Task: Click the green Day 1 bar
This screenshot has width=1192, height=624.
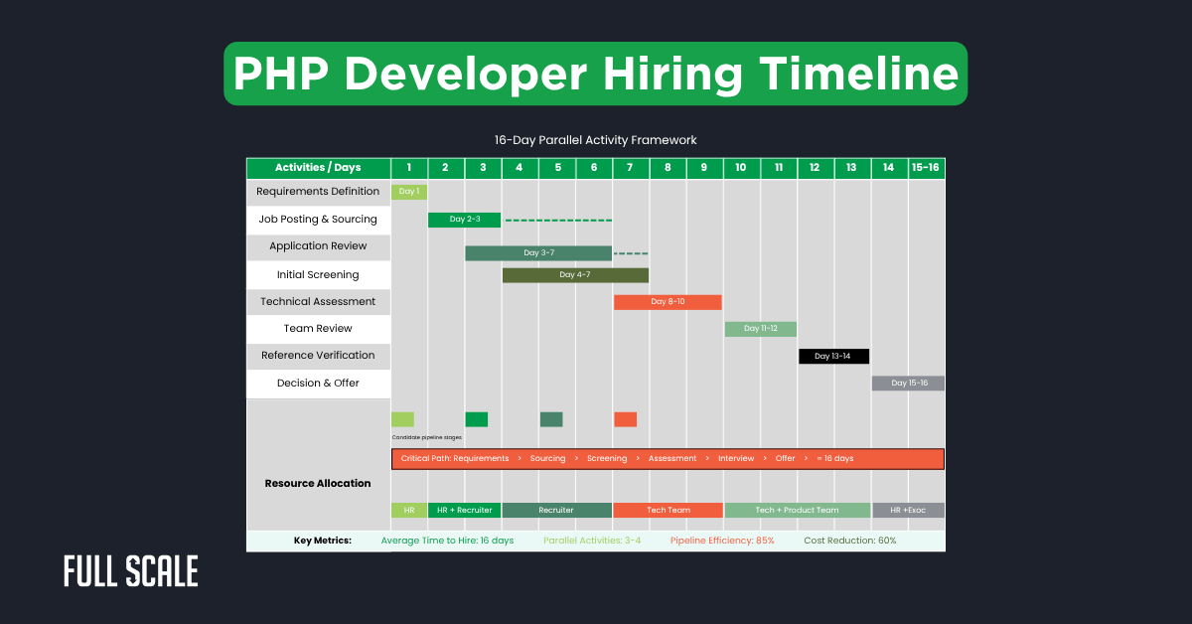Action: (408, 192)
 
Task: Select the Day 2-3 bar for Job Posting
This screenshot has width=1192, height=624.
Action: (464, 220)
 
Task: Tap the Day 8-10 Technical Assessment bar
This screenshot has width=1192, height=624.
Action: (668, 302)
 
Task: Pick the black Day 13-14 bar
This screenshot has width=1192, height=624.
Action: (833, 356)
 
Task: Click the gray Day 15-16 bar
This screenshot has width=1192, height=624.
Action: (908, 384)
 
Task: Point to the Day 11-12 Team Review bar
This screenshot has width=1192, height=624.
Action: (760, 329)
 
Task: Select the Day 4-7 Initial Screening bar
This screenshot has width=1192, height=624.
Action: (575, 275)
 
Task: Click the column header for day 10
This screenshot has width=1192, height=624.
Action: (741, 168)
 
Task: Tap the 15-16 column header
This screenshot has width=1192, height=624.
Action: (926, 168)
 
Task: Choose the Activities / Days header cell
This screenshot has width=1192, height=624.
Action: (318, 168)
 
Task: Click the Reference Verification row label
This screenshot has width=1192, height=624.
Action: (318, 356)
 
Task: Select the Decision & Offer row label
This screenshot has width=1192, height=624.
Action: (318, 384)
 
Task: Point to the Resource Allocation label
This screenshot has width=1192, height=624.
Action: (318, 484)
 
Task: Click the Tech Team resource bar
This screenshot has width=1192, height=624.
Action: (668, 511)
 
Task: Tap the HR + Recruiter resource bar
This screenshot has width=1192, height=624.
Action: (464, 511)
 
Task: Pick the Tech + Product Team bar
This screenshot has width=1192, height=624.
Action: (797, 511)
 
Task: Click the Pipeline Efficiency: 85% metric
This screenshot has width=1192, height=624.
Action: (722, 541)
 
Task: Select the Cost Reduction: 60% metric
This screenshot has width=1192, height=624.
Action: (849, 541)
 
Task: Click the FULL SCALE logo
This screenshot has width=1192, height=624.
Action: (131, 571)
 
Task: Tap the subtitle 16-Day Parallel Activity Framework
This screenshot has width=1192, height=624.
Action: (596, 140)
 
